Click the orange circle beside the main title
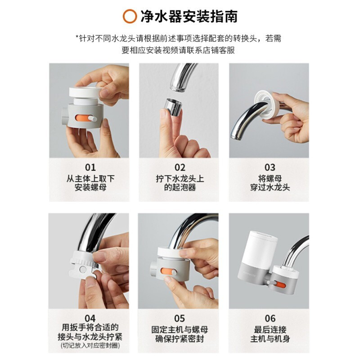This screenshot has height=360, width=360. click(x=130, y=16)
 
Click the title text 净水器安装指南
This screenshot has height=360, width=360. click(x=189, y=16)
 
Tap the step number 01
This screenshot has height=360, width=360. click(x=90, y=167)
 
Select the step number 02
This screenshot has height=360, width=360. click(x=180, y=167)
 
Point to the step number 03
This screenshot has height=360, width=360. click(x=270, y=167)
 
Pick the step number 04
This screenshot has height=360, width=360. click(x=90, y=318)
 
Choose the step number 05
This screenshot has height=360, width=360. click(x=179, y=318)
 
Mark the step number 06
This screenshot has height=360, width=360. click(x=270, y=318)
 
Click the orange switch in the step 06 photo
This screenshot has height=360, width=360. click(x=280, y=285)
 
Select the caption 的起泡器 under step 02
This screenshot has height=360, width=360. click(x=180, y=188)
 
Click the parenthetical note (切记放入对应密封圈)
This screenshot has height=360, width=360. click(x=90, y=345)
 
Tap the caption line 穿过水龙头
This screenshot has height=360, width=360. click(x=270, y=188)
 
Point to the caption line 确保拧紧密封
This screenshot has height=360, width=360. click(x=180, y=339)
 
